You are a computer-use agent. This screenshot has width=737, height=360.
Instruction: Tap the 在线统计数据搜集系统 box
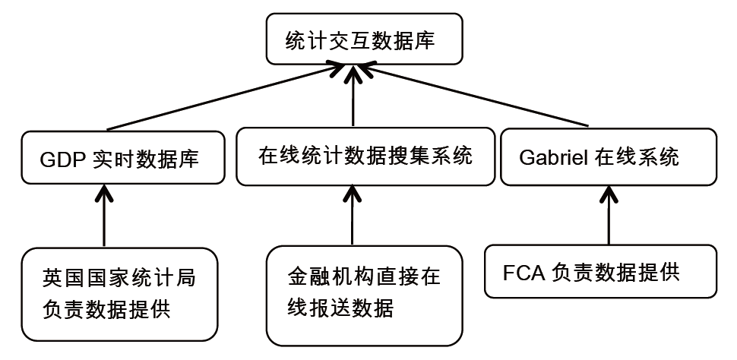coord(365,156)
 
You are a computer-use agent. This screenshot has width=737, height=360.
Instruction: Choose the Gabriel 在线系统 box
coord(607,156)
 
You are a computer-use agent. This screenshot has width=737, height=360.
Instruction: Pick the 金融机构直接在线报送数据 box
coord(364,294)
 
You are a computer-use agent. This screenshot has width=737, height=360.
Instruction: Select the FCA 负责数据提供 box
coord(600,271)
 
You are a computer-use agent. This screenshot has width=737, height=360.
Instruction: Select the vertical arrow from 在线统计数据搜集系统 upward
coord(353,99)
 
